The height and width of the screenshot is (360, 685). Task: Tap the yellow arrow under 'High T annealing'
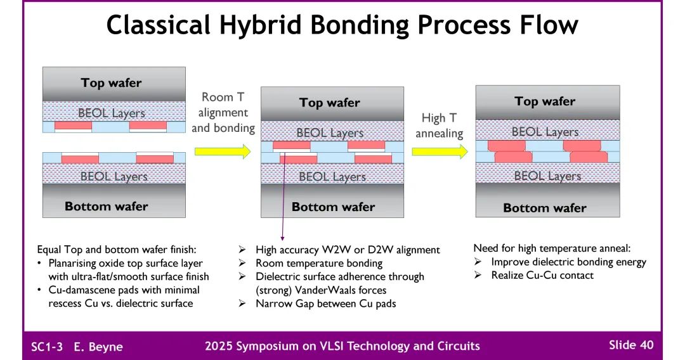click(x=439, y=151)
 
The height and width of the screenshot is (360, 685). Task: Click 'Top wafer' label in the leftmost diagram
click(x=112, y=82)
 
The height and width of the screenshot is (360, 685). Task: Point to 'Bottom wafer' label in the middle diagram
click(x=333, y=207)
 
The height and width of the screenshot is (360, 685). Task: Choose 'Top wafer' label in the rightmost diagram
click(x=545, y=101)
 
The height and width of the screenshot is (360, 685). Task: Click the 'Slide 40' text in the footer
click(x=630, y=345)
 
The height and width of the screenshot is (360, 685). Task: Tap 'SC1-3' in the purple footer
click(x=47, y=347)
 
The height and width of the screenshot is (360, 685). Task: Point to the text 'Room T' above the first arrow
click(x=223, y=97)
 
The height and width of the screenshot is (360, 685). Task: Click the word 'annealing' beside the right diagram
click(x=440, y=134)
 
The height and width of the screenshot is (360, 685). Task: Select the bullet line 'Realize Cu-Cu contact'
click(x=542, y=275)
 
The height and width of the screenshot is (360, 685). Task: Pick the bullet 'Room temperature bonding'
click(x=319, y=263)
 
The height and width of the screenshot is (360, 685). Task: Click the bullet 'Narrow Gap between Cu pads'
click(x=325, y=304)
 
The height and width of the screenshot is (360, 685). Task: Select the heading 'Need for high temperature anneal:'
click(x=552, y=248)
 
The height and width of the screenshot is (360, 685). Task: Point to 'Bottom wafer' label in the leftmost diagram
click(x=107, y=206)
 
